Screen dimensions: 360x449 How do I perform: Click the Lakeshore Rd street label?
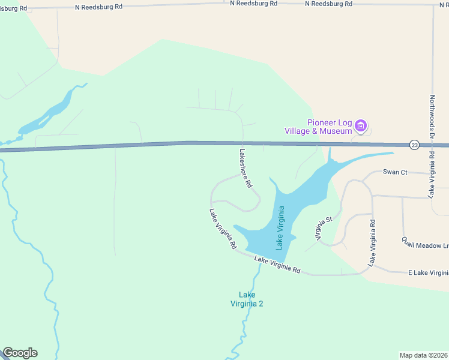246,169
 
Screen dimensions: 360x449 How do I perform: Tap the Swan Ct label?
395,172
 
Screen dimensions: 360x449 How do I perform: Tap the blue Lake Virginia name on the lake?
280,227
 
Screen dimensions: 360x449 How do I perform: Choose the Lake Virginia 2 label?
247,299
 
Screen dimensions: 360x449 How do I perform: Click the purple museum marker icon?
360,126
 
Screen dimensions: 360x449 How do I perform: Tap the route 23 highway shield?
414,145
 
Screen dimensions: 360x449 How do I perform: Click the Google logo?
20,353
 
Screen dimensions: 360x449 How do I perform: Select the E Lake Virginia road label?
427,272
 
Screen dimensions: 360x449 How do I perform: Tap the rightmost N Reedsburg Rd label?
328,4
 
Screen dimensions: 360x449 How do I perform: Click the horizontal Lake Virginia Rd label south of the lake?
277,264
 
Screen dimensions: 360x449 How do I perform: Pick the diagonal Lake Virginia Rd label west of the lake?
223,229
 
